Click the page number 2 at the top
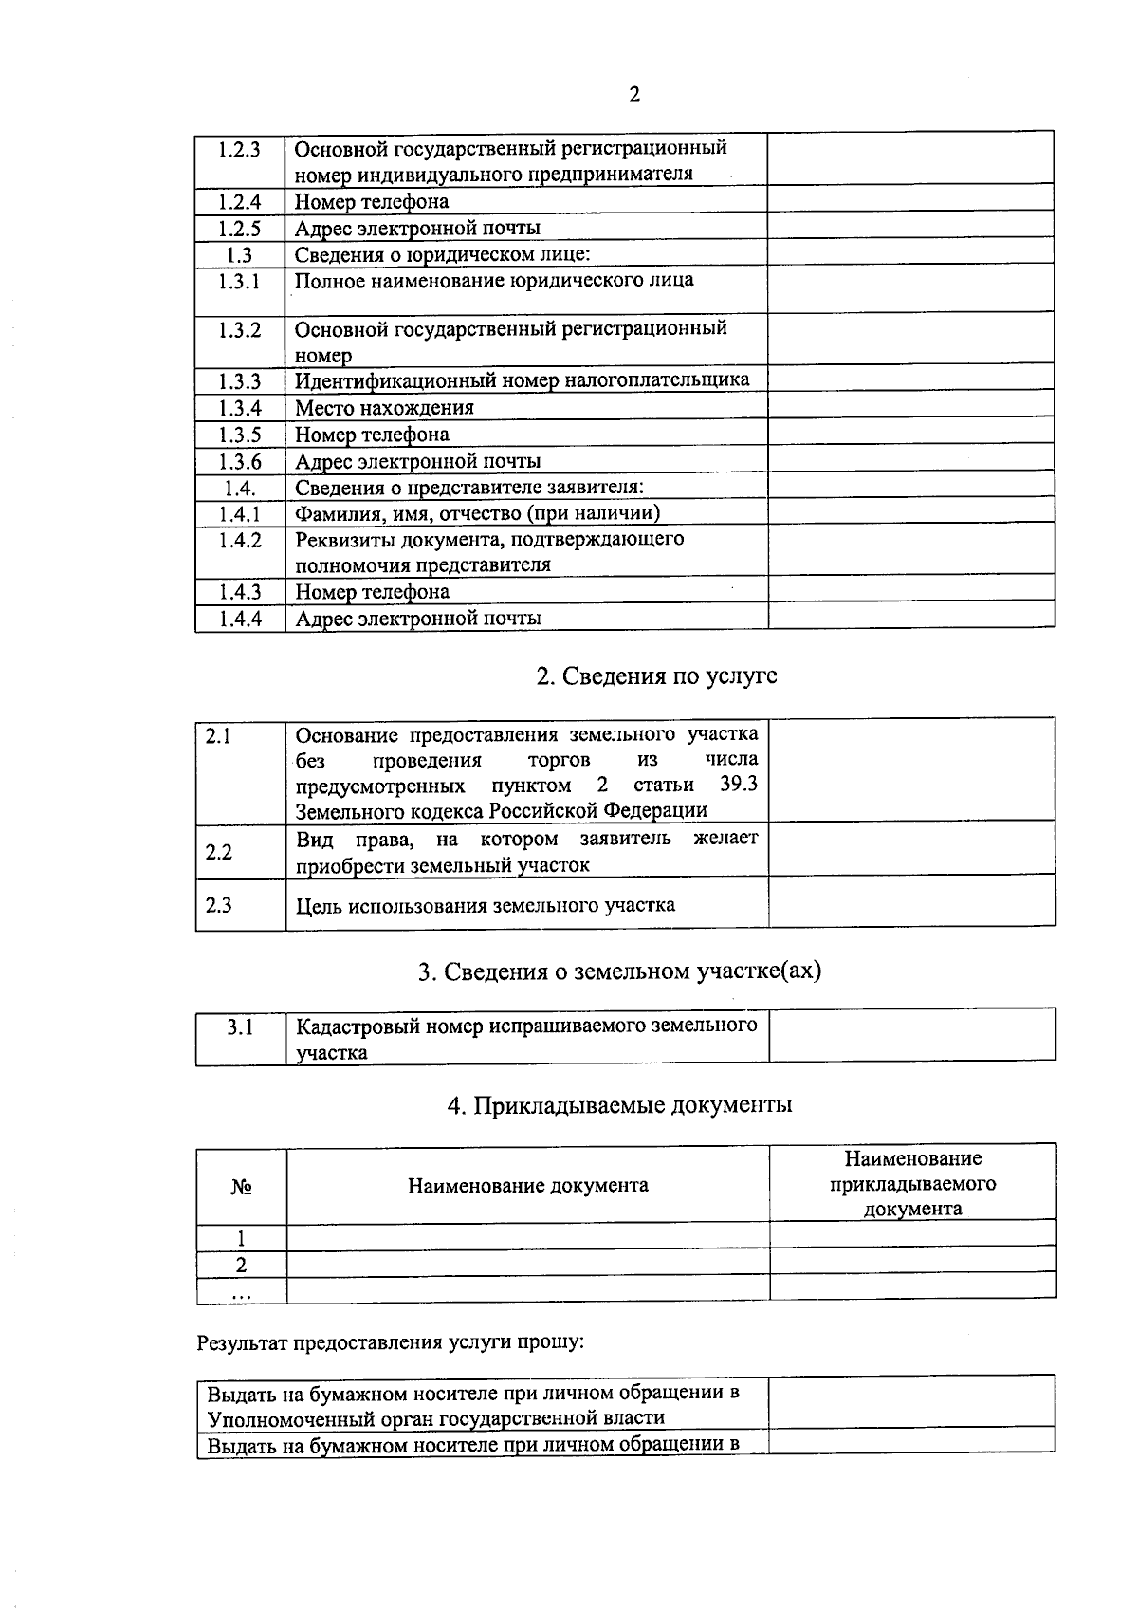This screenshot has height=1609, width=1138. coord(634,94)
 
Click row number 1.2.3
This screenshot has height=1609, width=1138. coord(239,149)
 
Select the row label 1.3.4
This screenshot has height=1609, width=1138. coord(239,408)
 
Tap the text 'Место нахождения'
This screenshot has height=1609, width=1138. coord(384,408)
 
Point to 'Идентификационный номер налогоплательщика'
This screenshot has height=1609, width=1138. coord(522,380)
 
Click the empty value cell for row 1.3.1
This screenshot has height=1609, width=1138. coord(910,287)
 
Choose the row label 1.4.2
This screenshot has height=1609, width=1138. coord(239,540)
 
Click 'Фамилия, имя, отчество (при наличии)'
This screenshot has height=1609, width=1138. coord(478,513)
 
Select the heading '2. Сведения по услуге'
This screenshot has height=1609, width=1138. coord(656,675)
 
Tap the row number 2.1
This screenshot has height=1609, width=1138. coord(219,735)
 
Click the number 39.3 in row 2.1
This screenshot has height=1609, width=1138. coord(739,786)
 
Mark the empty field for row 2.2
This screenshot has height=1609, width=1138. coord(911,848)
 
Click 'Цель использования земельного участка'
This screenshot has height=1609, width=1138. coord(486,905)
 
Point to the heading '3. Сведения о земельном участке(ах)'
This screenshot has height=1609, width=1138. coord(619,971)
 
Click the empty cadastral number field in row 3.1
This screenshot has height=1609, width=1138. coord(911,1034)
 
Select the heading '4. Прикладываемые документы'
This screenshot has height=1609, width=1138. coord(620,1105)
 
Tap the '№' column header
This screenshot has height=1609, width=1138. coord(241,1186)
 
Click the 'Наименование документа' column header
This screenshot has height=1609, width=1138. coord(528,1185)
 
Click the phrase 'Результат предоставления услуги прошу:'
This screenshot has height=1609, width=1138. coord(391,1342)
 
